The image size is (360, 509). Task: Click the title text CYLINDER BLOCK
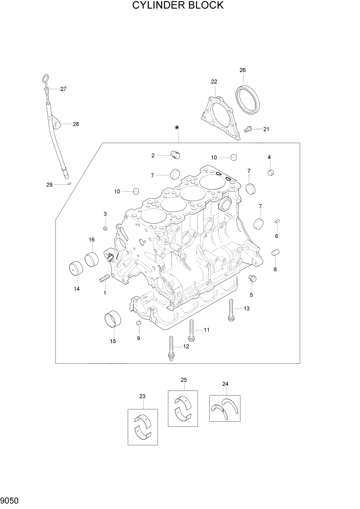178,6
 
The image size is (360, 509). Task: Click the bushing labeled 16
92,259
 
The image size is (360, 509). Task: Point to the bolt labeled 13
231,310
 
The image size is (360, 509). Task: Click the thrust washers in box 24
224,408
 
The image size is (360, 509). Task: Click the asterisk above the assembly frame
177,128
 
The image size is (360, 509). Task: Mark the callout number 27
63,89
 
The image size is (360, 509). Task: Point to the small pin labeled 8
274,252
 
